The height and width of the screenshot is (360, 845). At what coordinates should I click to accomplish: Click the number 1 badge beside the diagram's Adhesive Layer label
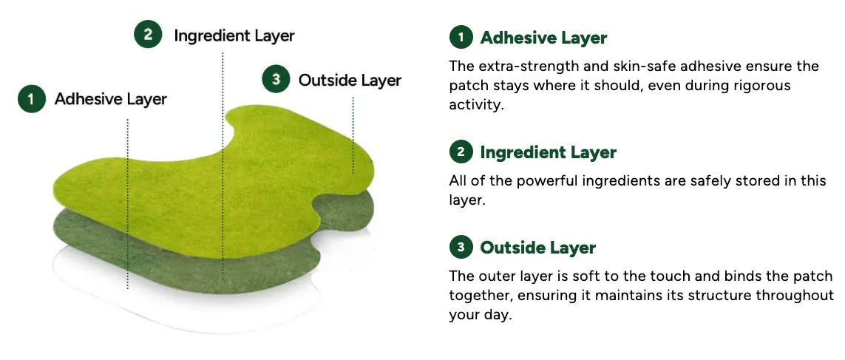[32, 98]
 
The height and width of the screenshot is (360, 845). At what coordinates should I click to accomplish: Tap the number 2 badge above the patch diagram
[148, 35]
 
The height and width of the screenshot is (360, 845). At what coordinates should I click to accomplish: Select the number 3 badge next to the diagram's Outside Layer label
[276, 79]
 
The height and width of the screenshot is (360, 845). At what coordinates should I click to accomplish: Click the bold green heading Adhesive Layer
[543, 38]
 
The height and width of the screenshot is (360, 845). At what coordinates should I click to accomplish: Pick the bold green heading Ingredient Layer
[548, 152]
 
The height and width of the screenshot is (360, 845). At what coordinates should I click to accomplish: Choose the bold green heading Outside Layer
[537, 248]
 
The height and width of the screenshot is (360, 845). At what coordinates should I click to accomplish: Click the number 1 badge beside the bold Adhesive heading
[461, 38]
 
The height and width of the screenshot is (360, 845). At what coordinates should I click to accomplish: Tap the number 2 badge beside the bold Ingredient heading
[461, 152]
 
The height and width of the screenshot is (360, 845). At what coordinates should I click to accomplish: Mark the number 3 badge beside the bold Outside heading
[461, 248]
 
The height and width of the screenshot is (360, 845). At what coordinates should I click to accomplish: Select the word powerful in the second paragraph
[546, 180]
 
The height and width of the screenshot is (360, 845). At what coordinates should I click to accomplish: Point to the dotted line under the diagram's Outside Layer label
[353, 135]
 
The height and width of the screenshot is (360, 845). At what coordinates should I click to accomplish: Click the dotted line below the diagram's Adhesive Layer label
[128, 204]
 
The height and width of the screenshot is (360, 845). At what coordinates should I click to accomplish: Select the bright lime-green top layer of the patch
[205, 189]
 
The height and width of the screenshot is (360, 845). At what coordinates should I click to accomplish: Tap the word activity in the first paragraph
[474, 105]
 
